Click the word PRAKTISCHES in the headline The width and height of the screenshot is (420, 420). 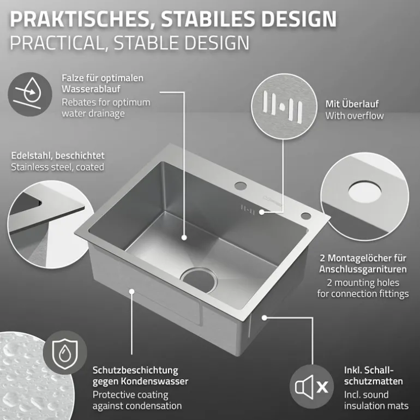80,19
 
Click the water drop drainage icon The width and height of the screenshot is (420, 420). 30,94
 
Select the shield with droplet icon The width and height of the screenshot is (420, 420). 65,352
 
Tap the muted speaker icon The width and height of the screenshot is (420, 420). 311,387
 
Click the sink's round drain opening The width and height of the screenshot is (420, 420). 199,280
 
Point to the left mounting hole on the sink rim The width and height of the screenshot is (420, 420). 241,186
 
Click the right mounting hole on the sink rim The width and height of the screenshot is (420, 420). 305,215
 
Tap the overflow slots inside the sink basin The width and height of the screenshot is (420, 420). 248,209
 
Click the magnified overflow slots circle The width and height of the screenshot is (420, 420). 284,106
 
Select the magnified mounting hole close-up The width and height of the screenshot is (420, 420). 365,196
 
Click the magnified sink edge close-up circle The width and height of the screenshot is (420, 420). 47,225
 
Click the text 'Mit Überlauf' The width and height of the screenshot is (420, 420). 352,104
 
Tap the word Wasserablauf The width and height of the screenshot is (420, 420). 91,89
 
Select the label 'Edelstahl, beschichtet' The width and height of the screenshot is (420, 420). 58,155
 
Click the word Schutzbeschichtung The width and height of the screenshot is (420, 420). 135,370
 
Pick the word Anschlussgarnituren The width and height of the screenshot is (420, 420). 363,269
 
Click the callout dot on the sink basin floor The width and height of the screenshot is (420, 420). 184,237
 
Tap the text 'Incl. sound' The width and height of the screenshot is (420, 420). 366,394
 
